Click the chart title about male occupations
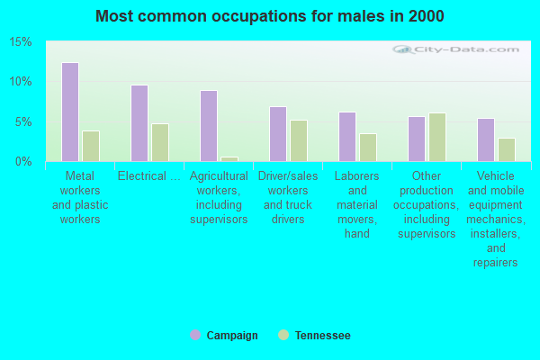click(x=269, y=16)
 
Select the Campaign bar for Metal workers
click(x=70, y=112)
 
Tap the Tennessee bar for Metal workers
click(x=91, y=146)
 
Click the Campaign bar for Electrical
click(x=139, y=123)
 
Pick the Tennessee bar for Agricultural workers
click(x=229, y=158)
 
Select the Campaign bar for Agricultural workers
click(x=209, y=126)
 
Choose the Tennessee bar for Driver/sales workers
click(x=299, y=140)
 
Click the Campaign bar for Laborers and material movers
click(x=347, y=137)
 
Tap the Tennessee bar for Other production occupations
click(x=437, y=137)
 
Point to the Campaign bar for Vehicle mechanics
click(x=486, y=139)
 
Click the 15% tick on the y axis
click(x=21, y=42)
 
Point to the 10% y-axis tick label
click(x=21, y=82)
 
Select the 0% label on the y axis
click(x=23, y=161)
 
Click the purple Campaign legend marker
click(x=195, y=335)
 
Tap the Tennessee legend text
click(x=322, y=336)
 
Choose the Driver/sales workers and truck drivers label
click(x=288, y=198)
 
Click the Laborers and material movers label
click(x=357, y=205)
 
